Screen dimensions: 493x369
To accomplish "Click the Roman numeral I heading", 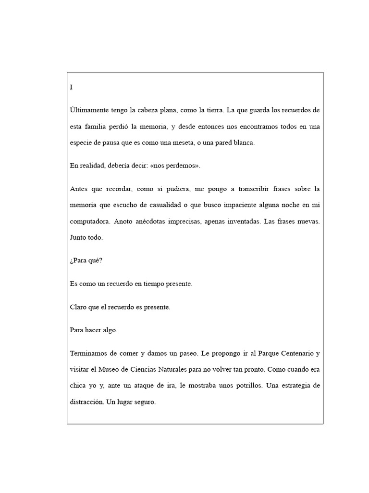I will (x=71, y=87).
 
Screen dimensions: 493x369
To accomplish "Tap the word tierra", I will (x=212, y=110).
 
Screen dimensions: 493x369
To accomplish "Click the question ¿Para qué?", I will (x=86, y=260).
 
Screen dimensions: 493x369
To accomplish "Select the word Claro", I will (x=77, y=307).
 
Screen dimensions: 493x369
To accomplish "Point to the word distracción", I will (x=87, y=402).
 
